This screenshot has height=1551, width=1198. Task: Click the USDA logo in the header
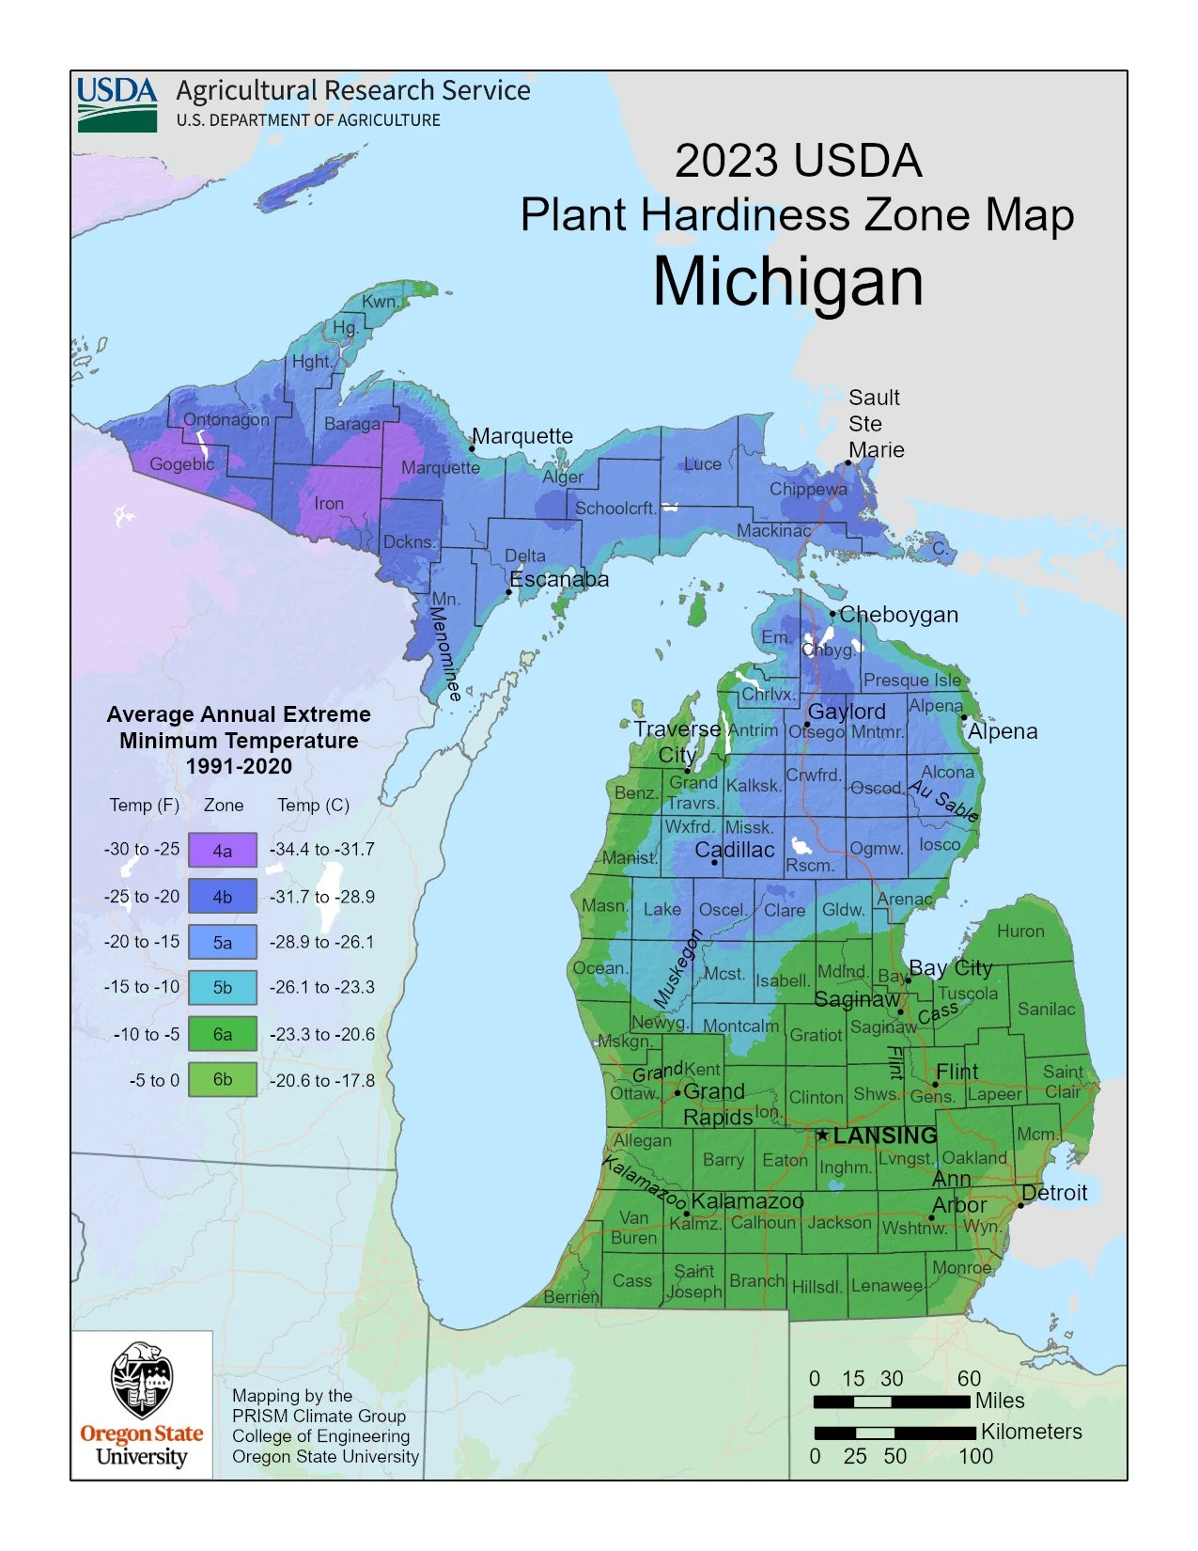point(117,103)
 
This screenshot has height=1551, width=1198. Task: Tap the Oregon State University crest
point(141,1380)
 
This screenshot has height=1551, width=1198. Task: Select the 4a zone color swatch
point(222,850)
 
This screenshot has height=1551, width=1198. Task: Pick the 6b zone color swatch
point(222,1079)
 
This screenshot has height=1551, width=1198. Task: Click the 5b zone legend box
point(222,987)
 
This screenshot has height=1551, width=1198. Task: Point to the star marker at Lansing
point(822,1136)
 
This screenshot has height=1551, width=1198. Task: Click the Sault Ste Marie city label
point(876,424)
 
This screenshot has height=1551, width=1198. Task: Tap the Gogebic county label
point(182,463)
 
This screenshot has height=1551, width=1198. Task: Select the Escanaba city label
point(559,579)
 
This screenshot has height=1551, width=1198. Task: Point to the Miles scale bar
point(891,1402)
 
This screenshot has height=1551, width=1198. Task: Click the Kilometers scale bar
point(895,1433)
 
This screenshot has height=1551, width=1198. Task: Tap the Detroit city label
point(1054,1193)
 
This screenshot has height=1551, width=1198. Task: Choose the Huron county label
point(1020,931)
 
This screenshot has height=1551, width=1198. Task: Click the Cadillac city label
point(735,850)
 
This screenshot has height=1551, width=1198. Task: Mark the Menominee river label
point(445,653)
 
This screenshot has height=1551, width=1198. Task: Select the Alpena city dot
point(964,717)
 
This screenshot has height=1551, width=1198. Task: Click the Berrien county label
point(571,1297)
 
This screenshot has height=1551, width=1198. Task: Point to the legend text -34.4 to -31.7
point(322,850)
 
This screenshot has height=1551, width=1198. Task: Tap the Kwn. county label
point(380,301)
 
